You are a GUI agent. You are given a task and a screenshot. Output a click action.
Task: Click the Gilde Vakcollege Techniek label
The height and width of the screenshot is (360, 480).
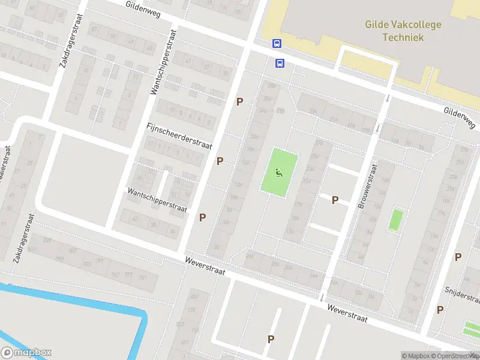click(403, 31)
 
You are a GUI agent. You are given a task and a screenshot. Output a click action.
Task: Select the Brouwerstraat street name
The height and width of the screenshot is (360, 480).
click(367, 187)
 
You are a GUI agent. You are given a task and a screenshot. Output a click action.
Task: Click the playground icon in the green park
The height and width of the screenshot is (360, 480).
click(278, 173)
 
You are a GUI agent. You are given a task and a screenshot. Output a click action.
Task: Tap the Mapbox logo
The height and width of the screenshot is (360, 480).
click(26, 353)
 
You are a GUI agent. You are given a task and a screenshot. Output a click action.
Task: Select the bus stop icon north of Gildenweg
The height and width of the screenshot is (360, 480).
click(277, 43)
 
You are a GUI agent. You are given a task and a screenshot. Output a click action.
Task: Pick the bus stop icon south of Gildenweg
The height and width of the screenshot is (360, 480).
click(280, 62)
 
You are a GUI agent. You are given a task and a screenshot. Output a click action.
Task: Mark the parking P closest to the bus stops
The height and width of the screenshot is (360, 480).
click(239, 102)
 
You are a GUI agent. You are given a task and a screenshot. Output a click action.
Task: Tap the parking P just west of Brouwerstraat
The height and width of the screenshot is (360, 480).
click(335, 200)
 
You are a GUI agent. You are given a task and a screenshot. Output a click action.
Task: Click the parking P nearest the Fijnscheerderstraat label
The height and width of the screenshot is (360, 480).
click(220, 161)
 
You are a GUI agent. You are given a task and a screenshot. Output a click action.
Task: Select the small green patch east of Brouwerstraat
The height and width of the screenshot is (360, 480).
click(395, 220)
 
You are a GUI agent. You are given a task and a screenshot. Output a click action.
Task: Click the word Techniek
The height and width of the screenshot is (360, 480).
click(403, 37)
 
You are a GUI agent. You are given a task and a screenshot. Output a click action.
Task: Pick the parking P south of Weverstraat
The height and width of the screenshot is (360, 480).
click(271, 339)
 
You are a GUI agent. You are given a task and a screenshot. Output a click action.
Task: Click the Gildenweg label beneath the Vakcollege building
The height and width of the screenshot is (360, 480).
click(459, 118)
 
